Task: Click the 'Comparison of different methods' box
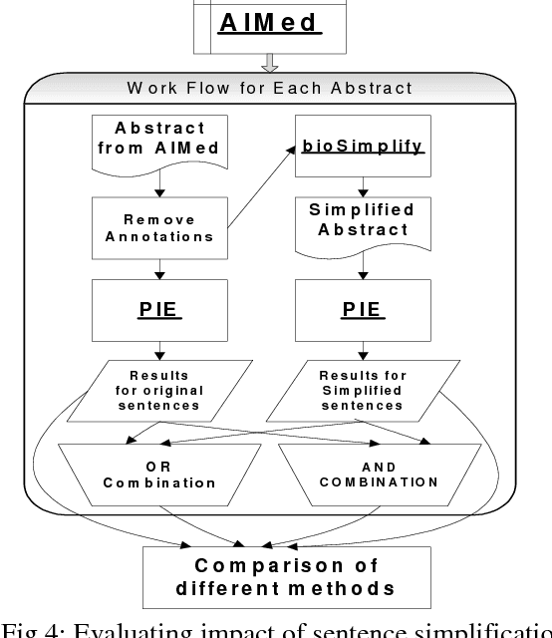click(x=274, y=576)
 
